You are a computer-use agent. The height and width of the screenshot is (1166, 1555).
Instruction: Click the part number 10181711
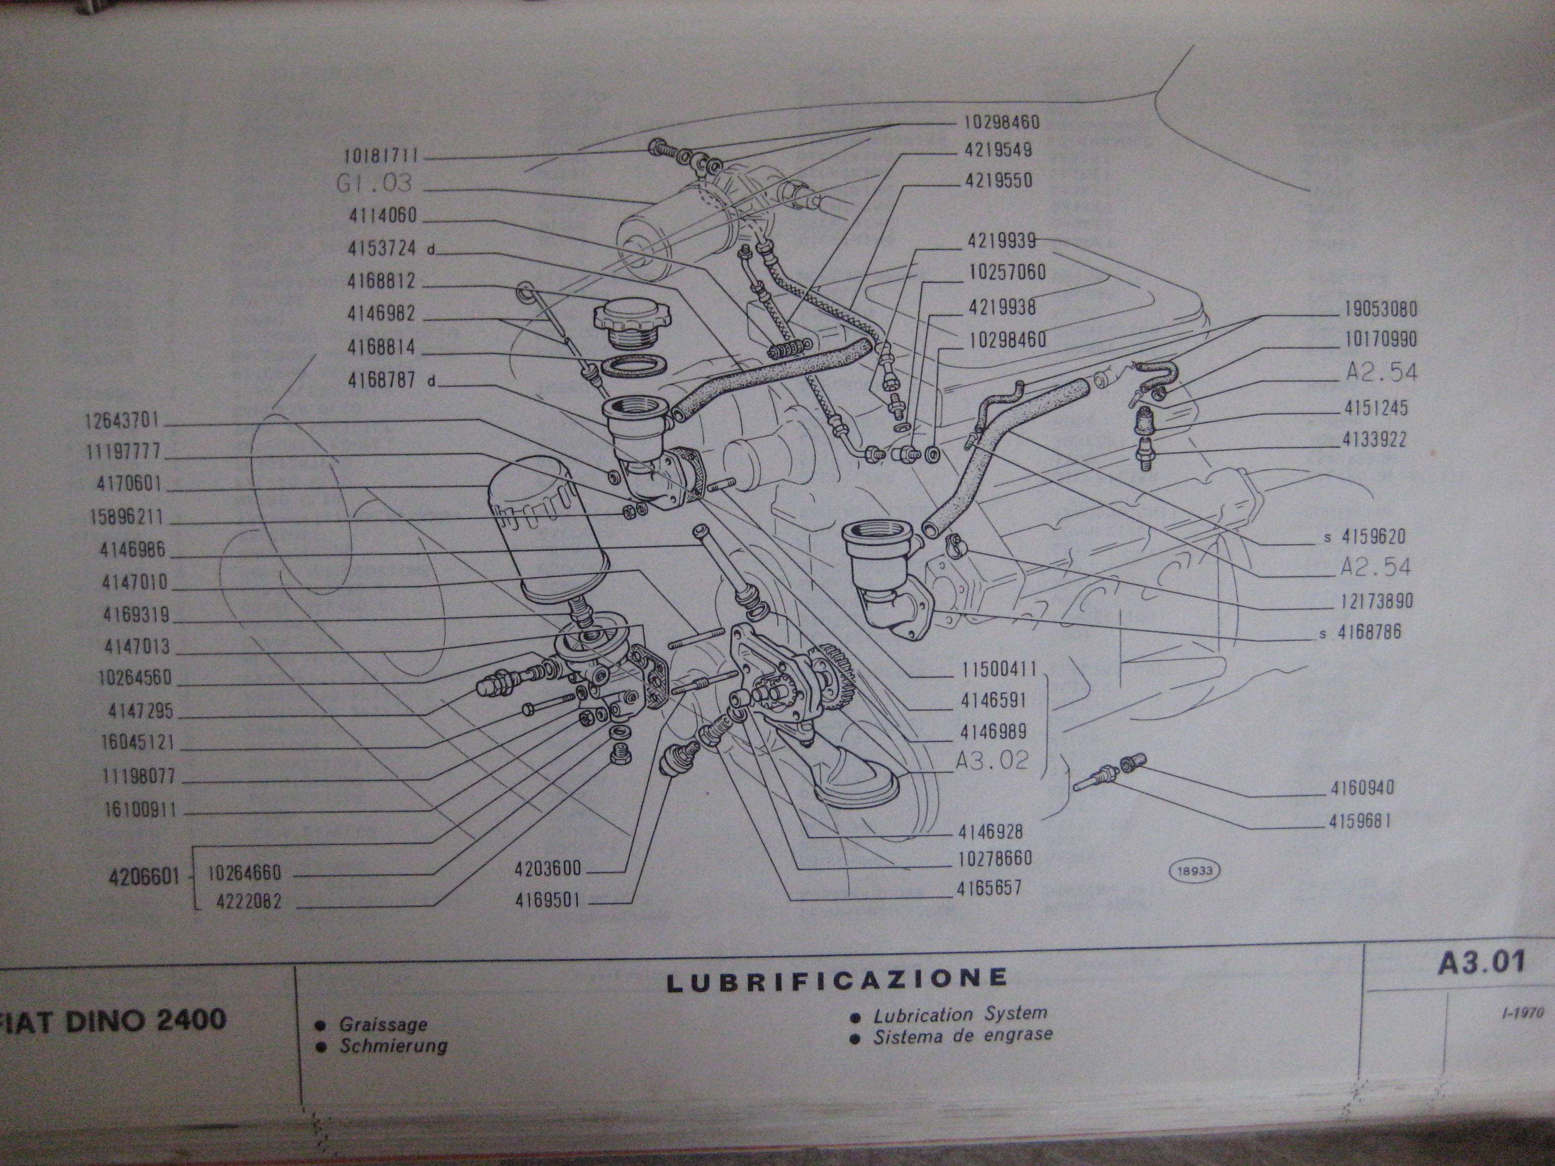387,155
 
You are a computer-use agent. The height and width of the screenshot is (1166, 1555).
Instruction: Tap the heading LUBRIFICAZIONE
837,980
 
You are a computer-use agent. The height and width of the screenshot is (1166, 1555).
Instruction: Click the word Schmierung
394,1047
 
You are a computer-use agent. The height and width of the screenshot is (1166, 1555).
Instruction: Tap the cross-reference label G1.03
375,184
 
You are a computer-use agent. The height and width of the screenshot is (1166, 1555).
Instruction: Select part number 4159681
1360,820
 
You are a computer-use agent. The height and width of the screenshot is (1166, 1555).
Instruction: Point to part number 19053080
1381,309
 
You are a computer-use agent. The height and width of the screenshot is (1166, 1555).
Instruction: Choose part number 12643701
124,421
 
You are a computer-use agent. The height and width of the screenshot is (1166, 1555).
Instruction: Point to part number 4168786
1369,631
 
